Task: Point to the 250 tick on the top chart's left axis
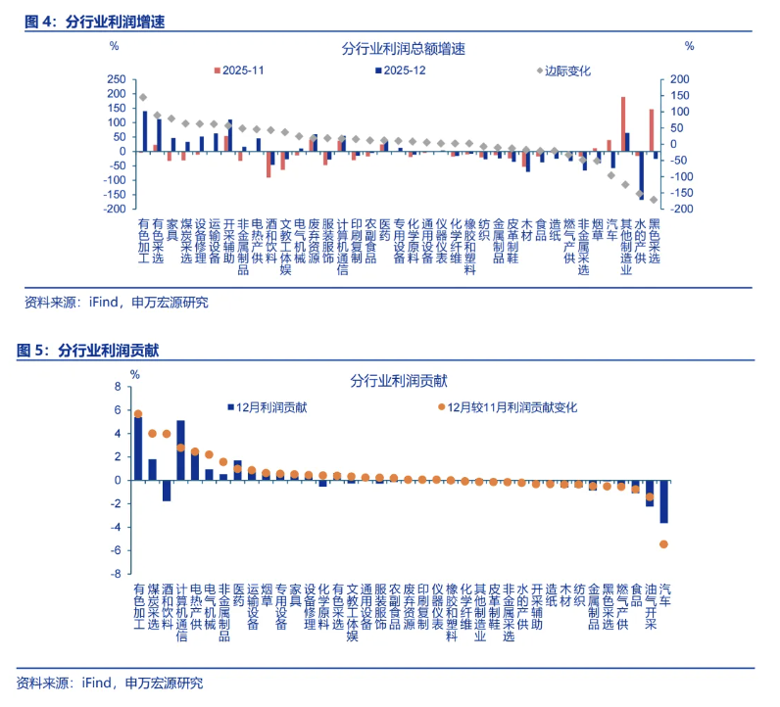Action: (116, 80)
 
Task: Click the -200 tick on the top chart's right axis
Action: (678, 209)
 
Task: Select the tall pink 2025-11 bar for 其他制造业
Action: (622, 124)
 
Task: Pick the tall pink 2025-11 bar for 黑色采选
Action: (651, 130)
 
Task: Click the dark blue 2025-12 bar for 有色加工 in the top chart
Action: (145, 130)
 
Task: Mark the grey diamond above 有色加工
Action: (143, 97)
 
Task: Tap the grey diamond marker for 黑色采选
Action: (654, 200)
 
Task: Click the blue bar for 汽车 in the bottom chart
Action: (663, 500)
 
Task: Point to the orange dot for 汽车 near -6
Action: (663, 543)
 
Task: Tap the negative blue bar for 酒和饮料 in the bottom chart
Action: (167, 490)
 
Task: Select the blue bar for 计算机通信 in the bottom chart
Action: (180, 450)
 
